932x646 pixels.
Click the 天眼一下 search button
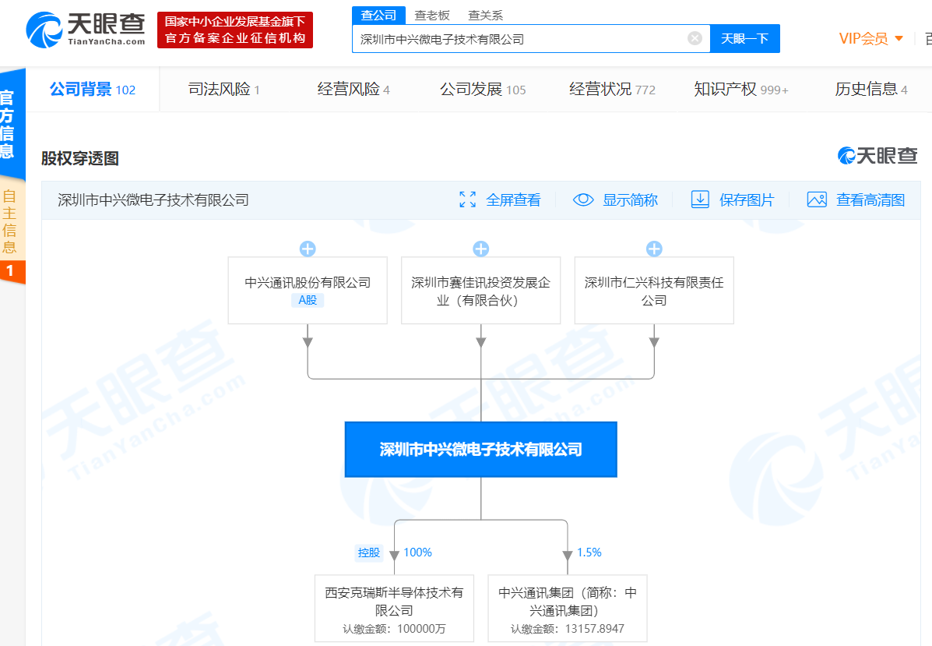point(745,39)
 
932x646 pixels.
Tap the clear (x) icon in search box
point(695,39)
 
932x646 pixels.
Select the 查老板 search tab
point(432,16)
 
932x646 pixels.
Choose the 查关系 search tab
point(486,16)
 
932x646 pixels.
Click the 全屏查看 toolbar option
point(501,199)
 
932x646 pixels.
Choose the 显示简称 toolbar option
point(615,199)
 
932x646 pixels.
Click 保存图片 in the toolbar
point(733,199)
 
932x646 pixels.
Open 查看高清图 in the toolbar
point(856,199)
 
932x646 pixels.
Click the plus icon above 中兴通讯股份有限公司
point(308,249)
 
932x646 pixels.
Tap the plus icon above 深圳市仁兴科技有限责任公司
point(654,249)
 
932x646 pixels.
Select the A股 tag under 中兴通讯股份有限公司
point(308,300)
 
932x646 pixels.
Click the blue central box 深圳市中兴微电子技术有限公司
point(481,450)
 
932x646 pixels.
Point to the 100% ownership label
point(418,552)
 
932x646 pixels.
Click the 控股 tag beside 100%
point(368,552)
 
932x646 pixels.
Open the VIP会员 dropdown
point(870,39)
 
